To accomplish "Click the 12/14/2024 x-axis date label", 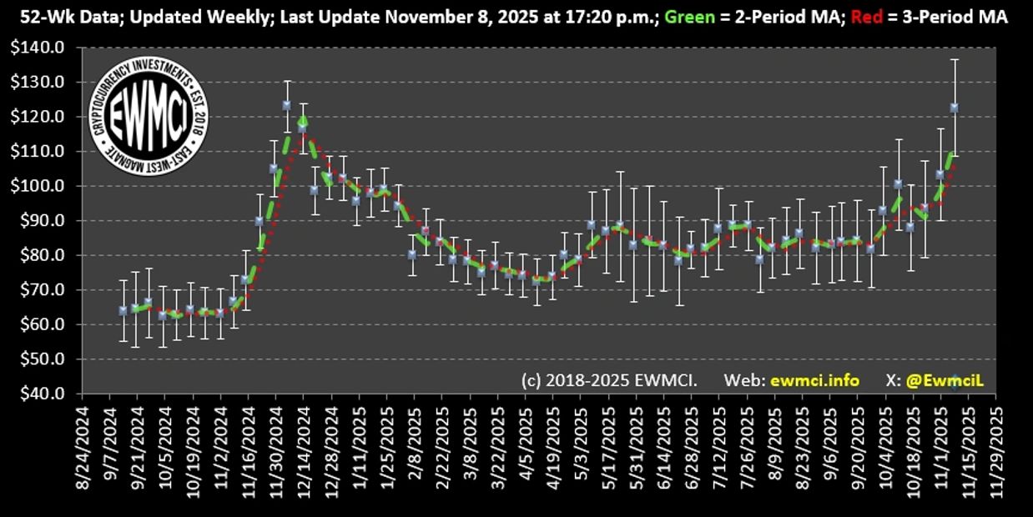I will (x=305, y=451).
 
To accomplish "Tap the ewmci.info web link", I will (x=814, y=380).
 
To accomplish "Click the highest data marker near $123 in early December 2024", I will (x=286, y=105).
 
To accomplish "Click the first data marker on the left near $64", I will (x=123, y=310).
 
